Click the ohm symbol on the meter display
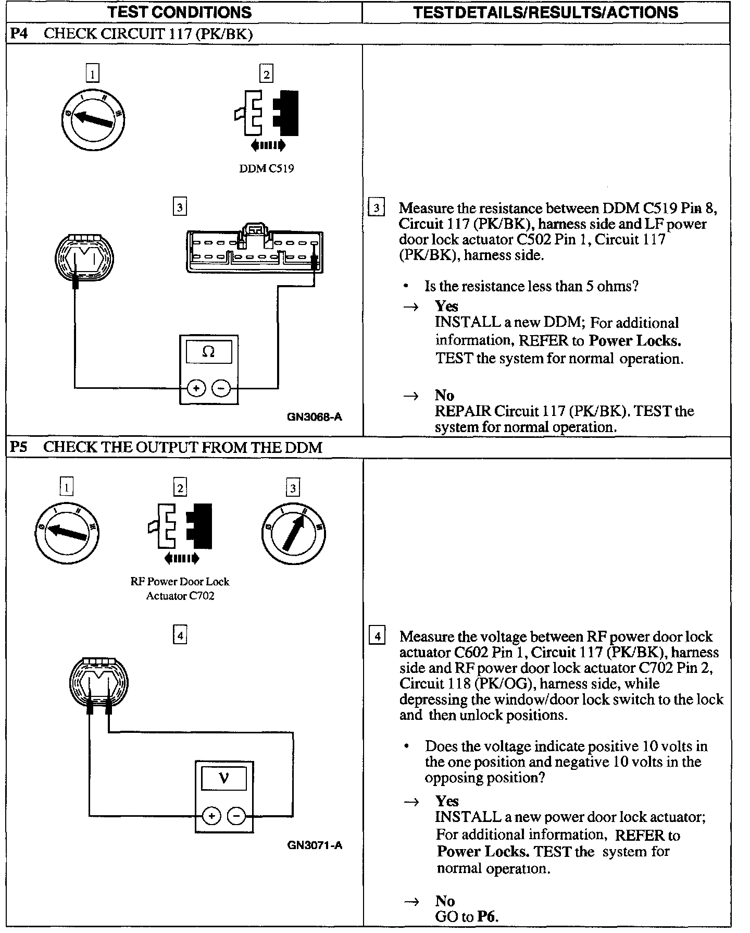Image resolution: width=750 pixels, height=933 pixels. (x=208, y=352)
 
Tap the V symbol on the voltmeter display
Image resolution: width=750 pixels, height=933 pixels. (x=224, y=779)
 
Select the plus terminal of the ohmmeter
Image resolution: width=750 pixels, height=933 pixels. (x=196, y=388)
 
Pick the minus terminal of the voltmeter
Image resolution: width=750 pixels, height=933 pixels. (x=236, y=815)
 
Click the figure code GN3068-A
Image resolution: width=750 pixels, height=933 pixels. (x=315, y=416)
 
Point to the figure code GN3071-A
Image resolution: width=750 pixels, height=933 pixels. (x=315, y=845)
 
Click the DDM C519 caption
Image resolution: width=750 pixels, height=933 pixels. (x=266, y=168)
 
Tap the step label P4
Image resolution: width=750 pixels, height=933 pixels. (x=19, y=34)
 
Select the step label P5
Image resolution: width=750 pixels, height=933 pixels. (x=19, y=447)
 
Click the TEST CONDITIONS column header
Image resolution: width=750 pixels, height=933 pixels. (x=180, y=12)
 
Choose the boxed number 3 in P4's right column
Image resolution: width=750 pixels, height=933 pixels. (x=376, y=207)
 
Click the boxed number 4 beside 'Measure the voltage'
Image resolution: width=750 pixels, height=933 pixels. (x=377, y=636)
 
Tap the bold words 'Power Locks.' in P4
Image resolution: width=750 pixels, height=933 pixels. (x=635, y=340)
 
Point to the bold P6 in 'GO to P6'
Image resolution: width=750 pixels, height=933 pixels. (x=487, y=917)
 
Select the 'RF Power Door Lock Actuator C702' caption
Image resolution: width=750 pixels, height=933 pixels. (x=180, y=588)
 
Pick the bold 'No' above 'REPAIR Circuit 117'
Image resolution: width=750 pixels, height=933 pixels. (x=444, y=395)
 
